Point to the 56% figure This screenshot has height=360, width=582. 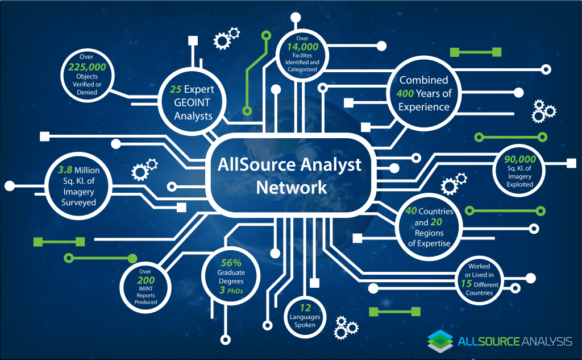[x=231, y=263]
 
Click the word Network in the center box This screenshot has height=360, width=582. [x=291, y=187]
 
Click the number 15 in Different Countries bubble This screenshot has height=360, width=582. [x=466, y=283]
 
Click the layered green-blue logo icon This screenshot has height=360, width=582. [x=440, y=341]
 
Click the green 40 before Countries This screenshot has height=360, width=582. [x=411, y=211]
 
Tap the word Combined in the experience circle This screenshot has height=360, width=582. [x=423, y=80]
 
